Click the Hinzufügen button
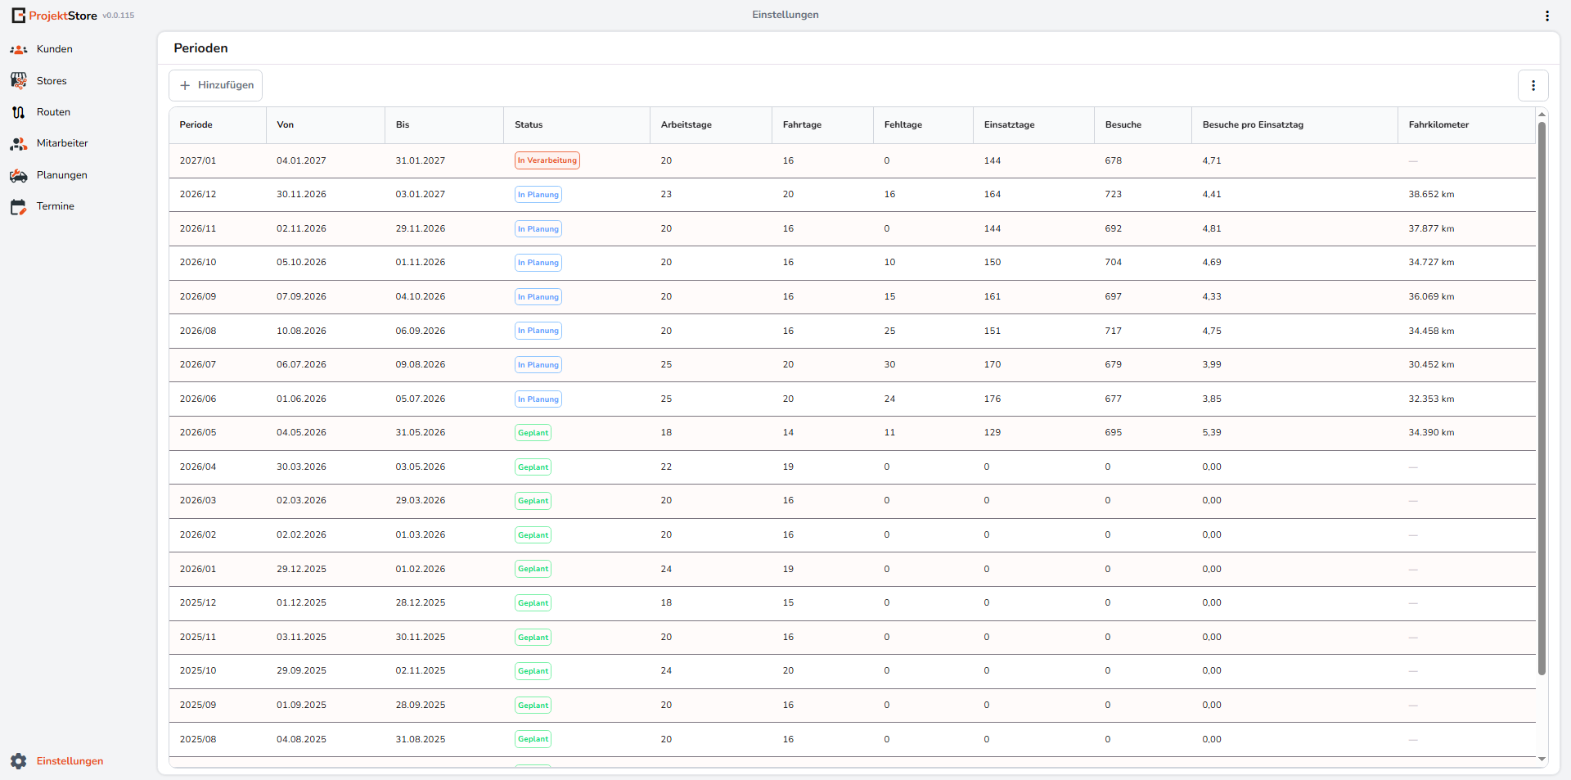click(x=215, y=85)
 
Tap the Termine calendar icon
click(x=18, y=207)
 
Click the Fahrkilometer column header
click(x=1438, y=125)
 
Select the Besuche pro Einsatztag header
click(x=1253, y=125)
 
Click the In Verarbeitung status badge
click(x=547, y=160)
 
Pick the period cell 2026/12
click(x=198, y=195)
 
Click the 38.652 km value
click(x=1431, y=195)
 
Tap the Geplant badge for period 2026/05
click(x=533, y=433)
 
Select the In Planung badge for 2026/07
click(x=538, y=365)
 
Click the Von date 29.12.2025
click(x=301, y=569)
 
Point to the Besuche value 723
click(x=1113, y=195)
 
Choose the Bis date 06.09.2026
click(x=421, y=331)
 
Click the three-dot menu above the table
click(x=1533, y=85)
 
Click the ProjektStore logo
click(x=54, y=16)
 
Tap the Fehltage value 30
click(x=889, y=365)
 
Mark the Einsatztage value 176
click(x=992, y=399)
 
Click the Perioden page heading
click(x=200, y=48)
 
